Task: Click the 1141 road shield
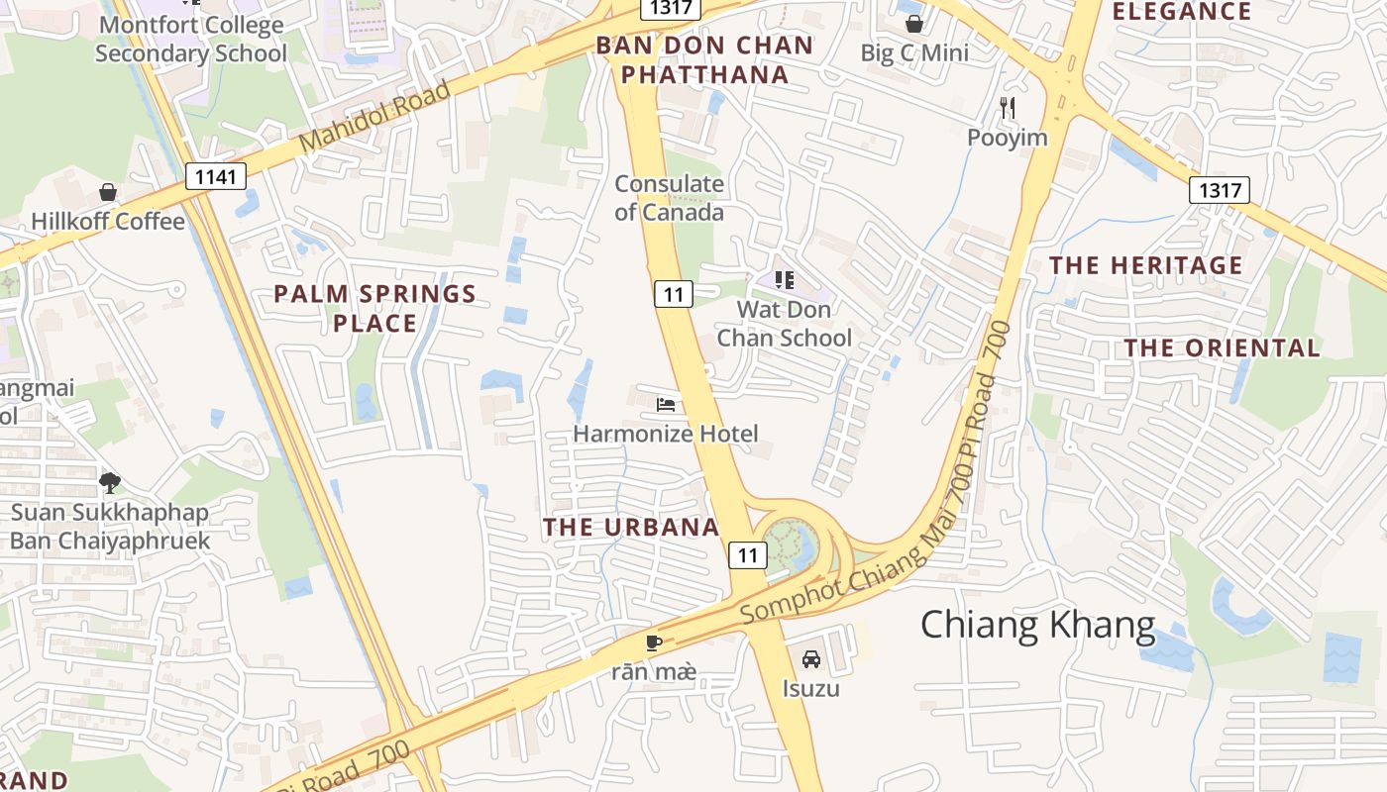coord(215,177)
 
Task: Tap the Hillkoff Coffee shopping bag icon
coord(108,192)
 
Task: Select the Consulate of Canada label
coord(670,197)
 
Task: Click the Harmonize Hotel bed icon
coord(666,405)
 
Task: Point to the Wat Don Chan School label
coord(784,324)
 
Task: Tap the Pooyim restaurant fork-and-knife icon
coord(1008,108)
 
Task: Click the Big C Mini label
coord(913,53)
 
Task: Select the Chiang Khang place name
coord(1037,626)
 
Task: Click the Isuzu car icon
coord(810,658)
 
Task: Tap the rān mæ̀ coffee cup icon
coord(653,643)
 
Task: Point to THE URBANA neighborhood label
coord(631,527)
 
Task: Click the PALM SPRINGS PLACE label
coord(374,308)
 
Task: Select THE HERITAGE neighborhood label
coord(1145,265)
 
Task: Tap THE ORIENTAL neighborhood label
coord(1222,347)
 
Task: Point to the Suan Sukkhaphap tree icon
coord(109,483)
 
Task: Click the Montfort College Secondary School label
coord(190,39)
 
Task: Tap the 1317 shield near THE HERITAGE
coord(1220,190)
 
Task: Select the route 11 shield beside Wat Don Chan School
coord(673,293)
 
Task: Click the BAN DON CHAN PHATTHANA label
coord(704,59)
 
